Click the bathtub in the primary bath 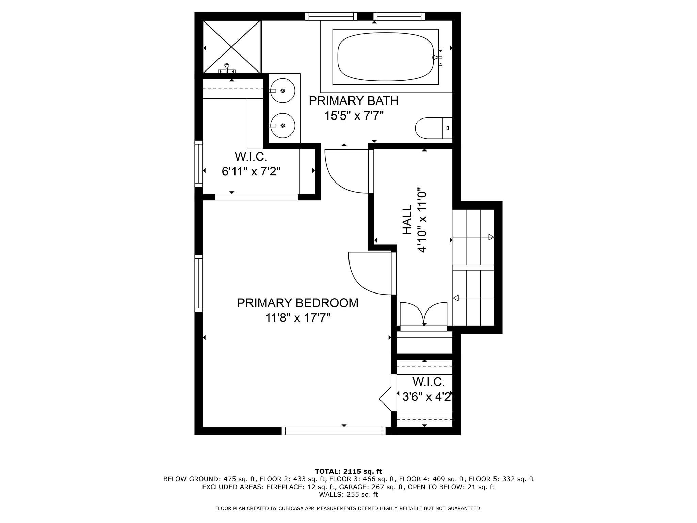click(x=385, y=57)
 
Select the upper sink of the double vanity click(x=282, y=91)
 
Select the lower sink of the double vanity click(x=282, y=125)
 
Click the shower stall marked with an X click(x=232, y=47)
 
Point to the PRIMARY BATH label click(x=353, y=101)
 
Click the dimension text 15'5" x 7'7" click(x=354, y=116)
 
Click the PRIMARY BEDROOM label click(x=297, y=303)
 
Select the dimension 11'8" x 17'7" click(x=297, y=318)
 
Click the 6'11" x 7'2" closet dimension click(x=251, y=172)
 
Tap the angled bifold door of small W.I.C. click(x=386, y=399)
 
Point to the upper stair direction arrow click(x=491, y=237)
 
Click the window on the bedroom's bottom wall click(x=333, y=431)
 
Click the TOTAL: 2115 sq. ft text click(x=348, y=471)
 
